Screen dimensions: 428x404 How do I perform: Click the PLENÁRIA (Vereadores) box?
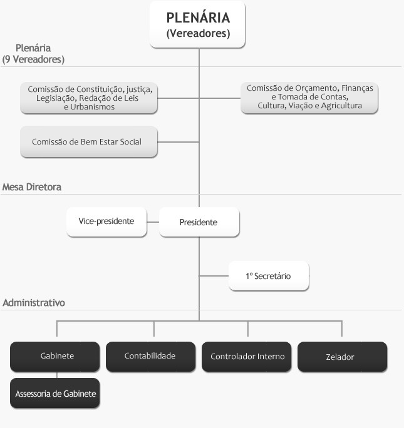197,25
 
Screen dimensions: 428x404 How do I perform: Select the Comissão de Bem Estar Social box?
88,142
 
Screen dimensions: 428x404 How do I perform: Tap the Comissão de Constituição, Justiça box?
88,98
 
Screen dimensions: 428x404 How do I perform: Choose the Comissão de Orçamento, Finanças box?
309,98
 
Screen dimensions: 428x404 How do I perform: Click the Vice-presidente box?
106,222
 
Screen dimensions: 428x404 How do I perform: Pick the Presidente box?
199,222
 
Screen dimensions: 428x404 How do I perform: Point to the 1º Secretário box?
269,276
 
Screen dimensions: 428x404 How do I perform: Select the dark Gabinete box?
54,356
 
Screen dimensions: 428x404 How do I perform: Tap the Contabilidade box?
150,356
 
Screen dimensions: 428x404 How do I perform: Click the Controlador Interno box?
246,357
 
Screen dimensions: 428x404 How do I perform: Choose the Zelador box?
341,357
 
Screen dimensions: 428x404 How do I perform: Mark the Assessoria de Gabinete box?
54,394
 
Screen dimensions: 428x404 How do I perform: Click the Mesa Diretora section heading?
32,187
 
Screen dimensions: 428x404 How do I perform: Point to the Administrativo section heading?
34,303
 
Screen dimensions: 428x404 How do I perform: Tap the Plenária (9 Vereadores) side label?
34,54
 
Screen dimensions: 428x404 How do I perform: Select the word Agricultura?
340,106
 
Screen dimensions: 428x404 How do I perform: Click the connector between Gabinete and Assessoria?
57,375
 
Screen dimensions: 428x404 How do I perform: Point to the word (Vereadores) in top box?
198,34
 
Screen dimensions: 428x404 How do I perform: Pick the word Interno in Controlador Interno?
271,357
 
